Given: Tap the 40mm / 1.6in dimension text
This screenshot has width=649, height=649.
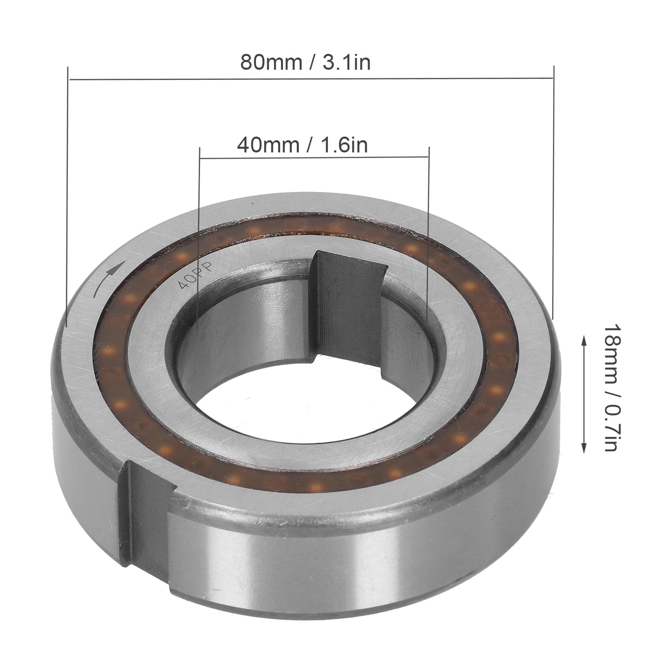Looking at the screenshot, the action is click(302, 145).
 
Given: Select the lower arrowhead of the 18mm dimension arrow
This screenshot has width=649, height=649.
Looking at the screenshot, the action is click(584, 448).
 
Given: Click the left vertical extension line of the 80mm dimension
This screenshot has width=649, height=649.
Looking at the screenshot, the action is click(68, 197).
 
